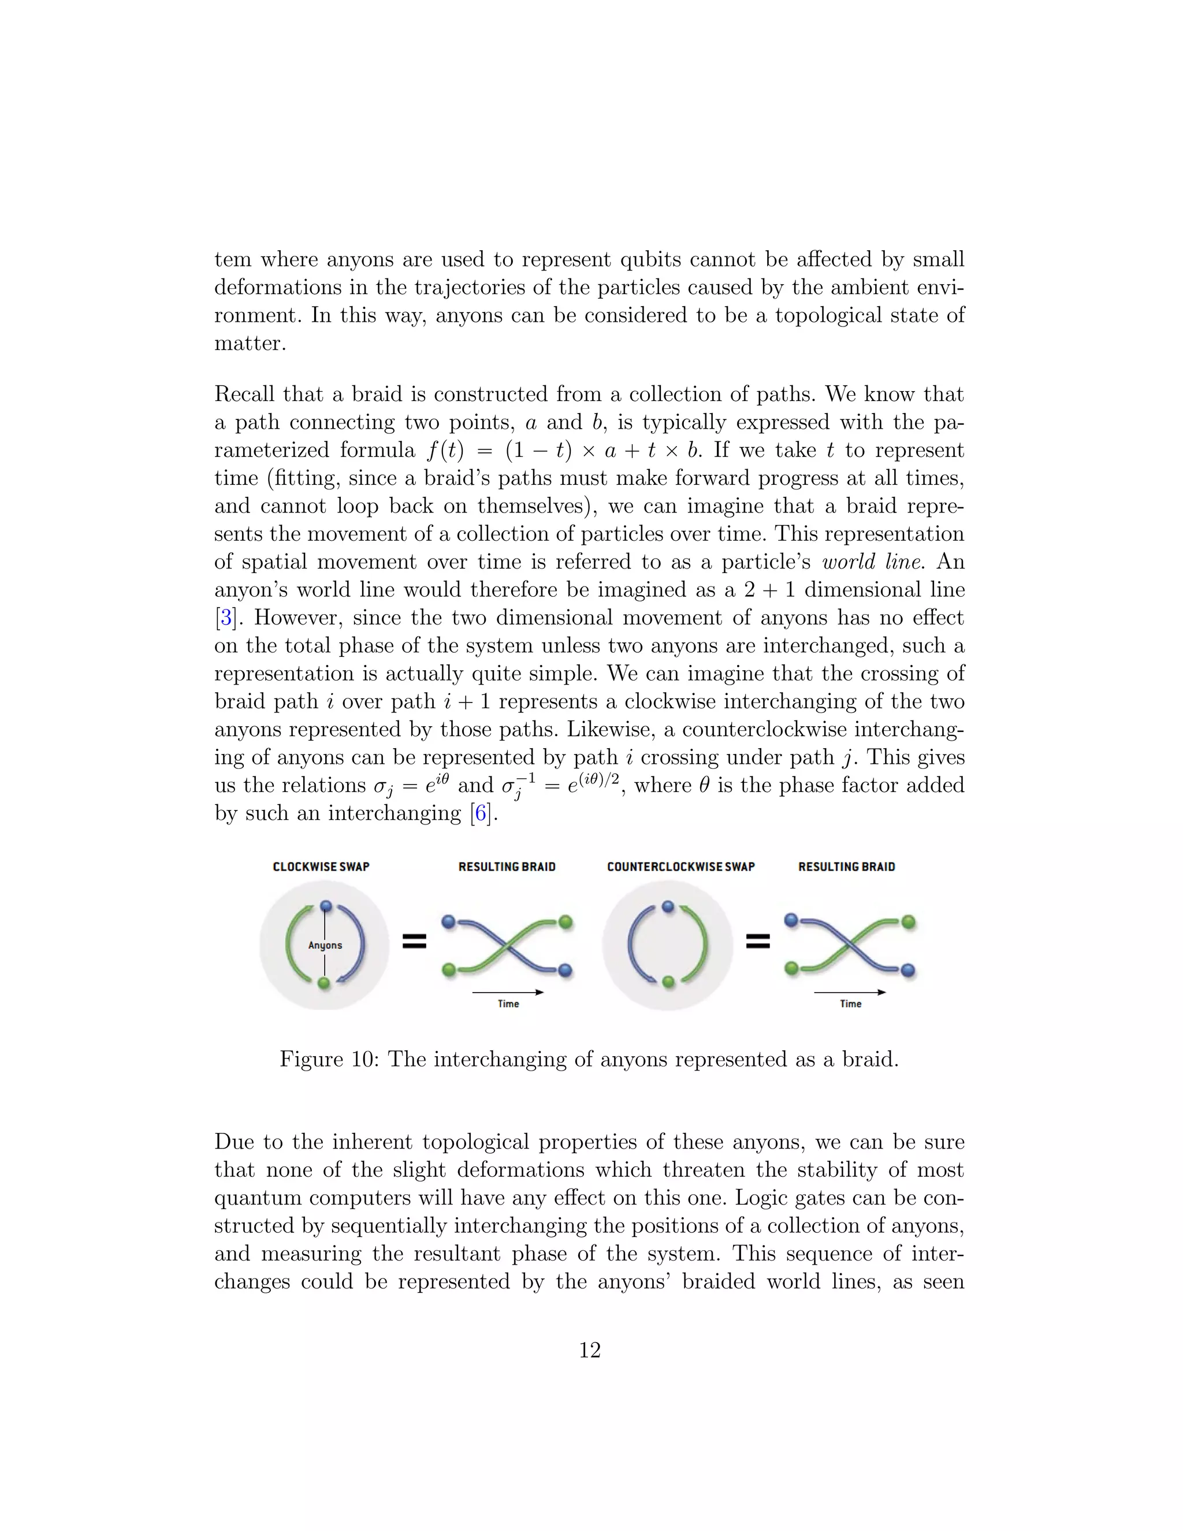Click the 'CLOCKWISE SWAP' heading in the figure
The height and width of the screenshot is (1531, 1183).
pos(321,867)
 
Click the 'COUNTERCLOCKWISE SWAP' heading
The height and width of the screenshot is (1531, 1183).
pos(680,867)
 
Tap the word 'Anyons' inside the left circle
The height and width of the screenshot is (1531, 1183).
pos(325,945)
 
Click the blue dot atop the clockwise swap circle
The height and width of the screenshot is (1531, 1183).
pos(325,906)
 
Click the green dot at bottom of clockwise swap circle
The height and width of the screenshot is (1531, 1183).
pos(324,983)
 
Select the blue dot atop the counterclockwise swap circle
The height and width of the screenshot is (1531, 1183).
pos(667,906)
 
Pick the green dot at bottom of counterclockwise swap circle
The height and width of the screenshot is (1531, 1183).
pos(668,982)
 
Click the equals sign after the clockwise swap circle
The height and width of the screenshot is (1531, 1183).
pos(414,942)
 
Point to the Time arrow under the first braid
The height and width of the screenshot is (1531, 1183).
pos(508,992)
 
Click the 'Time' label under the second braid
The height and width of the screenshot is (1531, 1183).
pos(850,1004)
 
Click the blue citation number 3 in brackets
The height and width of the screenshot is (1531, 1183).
pos(226,618)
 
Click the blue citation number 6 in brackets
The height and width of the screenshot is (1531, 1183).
pos(481,813)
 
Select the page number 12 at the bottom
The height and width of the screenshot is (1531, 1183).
pos(590,1350)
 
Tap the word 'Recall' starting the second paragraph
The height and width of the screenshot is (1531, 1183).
pos(245,394)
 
